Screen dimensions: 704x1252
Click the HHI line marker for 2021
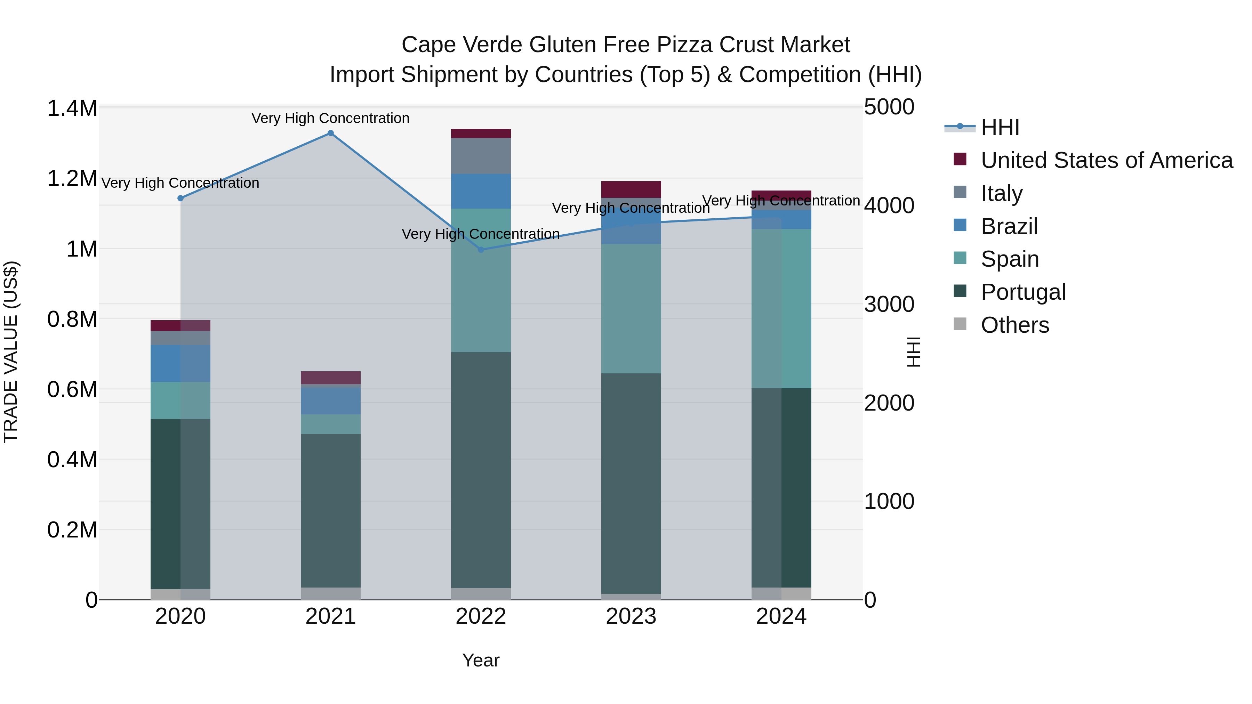(330, 133)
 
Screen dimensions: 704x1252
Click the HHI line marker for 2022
(481, 250)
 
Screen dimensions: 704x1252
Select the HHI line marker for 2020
(180, 198)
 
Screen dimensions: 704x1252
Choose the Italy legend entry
(1001, 193)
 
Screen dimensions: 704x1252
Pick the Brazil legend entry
(1009, 226)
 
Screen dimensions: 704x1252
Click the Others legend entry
(1014, 325)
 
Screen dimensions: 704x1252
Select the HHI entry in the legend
(1000, 127)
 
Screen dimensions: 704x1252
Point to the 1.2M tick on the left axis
(72, 179)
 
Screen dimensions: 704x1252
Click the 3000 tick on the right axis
(889, 305)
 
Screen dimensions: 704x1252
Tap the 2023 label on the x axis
(631, 616)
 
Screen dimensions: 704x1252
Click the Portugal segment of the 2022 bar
(481, 469)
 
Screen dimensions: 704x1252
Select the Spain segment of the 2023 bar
(631, 308)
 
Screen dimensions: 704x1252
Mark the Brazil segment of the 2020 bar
(180, 363)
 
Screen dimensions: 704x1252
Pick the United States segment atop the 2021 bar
(330, 378)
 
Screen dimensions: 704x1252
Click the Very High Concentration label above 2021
(330, 119)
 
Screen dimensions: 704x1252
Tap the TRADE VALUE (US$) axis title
(11, 352)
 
